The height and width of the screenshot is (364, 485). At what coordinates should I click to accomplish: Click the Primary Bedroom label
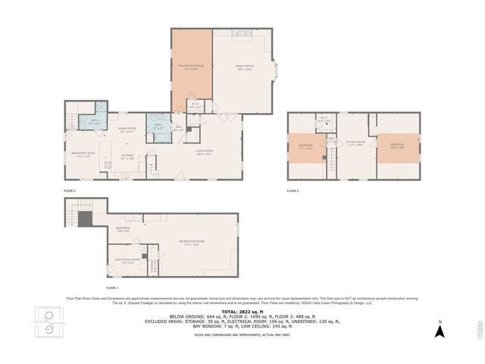point(192,67)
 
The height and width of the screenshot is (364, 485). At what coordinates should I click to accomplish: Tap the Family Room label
point(242,67)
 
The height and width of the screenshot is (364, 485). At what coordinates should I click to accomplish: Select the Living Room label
point(204,151)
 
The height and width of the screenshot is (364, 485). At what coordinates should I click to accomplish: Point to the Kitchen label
point(127,158)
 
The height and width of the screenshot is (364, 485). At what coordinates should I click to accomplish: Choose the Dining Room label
point(126,130)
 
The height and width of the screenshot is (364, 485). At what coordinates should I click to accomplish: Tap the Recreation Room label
point(195,243)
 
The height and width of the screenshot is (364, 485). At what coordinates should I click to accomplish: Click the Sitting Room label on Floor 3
point(356,143)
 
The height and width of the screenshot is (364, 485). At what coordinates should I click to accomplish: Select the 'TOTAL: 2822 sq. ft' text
point(242,312)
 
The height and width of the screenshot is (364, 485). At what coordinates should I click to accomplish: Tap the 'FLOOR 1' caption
point(112,289)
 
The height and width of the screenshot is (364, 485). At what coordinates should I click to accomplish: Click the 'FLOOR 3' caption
point(293,190)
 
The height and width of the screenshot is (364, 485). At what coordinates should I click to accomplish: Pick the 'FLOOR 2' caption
point(70,190)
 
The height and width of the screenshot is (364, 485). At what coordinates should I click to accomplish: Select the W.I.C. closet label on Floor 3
point(324,119)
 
